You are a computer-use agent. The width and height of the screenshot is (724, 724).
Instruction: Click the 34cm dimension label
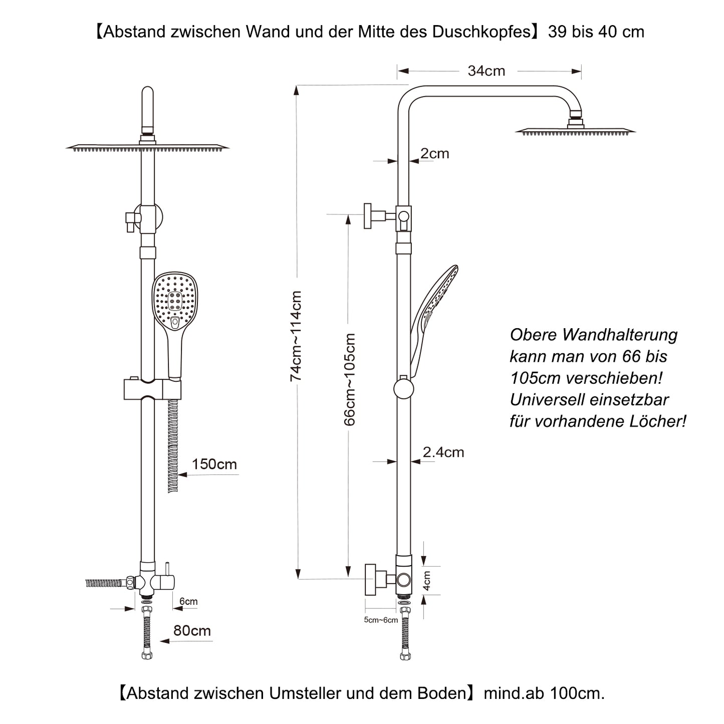coord(486,71)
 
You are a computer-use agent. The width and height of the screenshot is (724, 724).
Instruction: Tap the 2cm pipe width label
coord(435,153)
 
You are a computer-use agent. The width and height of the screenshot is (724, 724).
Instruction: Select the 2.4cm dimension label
coord(443,452)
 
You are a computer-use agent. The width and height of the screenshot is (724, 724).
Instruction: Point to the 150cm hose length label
coord(214,464)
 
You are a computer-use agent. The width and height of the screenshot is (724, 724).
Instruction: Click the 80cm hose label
coord(192,630)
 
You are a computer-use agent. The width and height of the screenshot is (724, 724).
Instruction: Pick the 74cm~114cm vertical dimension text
coord(296,336)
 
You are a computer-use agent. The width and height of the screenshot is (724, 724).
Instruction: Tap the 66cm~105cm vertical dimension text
coord(350,379)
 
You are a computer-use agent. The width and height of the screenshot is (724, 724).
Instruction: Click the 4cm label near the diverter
coord(427,581)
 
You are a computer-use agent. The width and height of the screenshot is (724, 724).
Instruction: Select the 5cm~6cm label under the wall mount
coord(381,620)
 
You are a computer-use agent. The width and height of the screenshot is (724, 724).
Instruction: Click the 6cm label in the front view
coord(189,601)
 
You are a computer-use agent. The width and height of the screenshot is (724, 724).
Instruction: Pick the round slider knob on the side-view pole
coord(404,389)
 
